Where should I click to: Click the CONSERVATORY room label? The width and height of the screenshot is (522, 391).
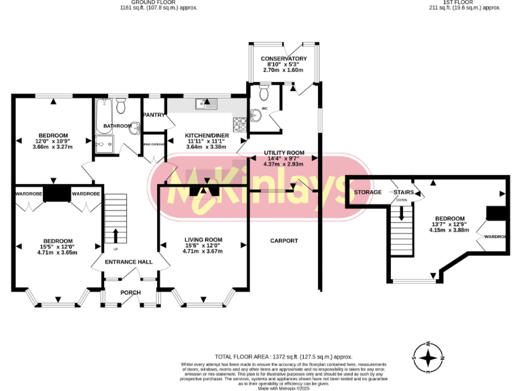(284, 59)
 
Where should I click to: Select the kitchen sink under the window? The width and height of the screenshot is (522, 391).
(205, 104)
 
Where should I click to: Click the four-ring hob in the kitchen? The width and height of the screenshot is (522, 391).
(240, 124)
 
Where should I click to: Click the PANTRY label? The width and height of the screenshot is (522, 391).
(154, 115)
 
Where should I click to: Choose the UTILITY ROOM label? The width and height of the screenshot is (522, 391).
(284, 153)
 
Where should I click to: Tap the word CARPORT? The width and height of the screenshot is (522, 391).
(284, 241)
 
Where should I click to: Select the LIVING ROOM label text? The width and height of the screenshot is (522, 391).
(203, 240)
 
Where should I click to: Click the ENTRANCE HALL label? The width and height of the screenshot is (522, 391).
(128, 261)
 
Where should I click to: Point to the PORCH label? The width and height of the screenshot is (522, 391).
(130, 293)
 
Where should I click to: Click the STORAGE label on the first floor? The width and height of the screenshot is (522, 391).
(367, 192)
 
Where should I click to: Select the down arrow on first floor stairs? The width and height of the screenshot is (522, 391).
(402, 212)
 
